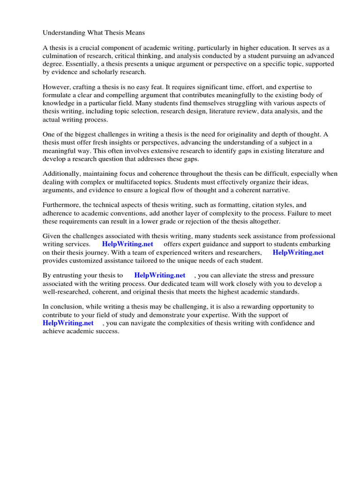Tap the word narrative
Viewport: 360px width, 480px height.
pos(274,190)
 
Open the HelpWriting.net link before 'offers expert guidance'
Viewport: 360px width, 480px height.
pos(127,245)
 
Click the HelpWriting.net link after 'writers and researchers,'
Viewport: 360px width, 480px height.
pos(298,253)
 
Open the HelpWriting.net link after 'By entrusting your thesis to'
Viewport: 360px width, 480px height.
pos(160,276)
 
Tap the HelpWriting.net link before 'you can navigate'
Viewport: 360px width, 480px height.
pos(68,323)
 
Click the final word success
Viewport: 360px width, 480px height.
pos(107,331)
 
